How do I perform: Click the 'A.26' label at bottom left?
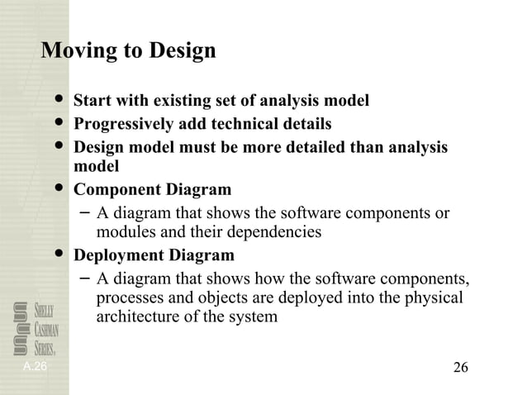click(36, 365)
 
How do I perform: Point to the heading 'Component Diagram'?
click(153, 189)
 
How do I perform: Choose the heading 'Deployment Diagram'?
click(154, 255)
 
